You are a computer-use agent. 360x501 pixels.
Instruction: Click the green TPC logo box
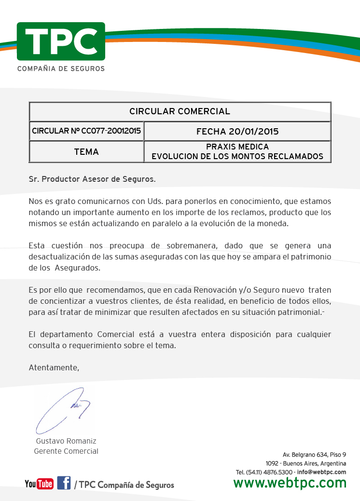coord(61,41)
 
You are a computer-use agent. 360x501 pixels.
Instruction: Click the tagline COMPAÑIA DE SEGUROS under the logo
coord(61,69)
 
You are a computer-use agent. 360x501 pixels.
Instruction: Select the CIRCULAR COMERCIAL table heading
coord(180,111)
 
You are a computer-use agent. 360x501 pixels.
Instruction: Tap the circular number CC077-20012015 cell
coord(86,131)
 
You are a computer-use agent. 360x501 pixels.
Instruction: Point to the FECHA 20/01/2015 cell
coord(237,131)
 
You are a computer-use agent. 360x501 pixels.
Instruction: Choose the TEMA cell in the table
coord(86,152)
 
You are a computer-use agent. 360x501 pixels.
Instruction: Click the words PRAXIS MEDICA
coord(237,147)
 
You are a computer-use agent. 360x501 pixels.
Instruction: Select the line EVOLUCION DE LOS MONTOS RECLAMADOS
coord(237,157)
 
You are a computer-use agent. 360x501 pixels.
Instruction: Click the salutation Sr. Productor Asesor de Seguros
coord(92,179)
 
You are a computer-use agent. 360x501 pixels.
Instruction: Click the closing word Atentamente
coord(54,367)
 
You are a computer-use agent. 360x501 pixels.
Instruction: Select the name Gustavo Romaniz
coord(66,441)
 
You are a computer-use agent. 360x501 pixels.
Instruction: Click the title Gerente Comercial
coord(66,451)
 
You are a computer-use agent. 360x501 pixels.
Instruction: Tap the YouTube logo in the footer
coord(39,484)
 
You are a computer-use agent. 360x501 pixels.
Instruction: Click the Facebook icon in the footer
coord(64,483)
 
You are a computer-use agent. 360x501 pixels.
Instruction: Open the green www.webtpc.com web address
coord(290,483)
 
